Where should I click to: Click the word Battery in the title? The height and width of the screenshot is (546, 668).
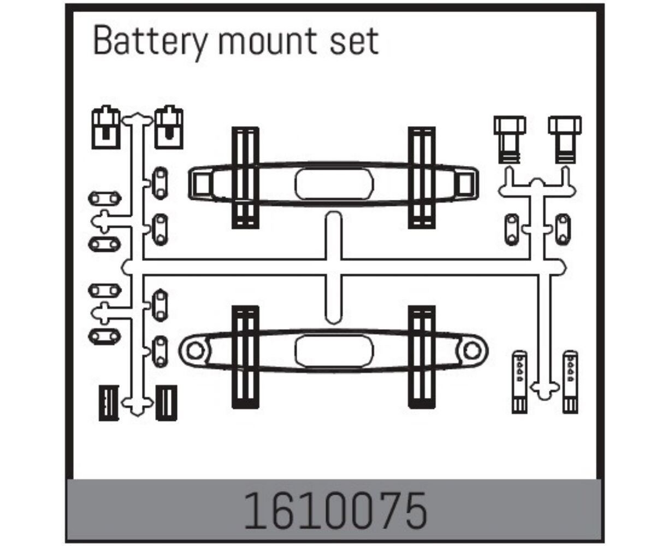click(150, 42)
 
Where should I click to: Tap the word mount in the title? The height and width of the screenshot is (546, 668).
click(268, 42)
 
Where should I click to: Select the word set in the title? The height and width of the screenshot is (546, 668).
click(354, 42)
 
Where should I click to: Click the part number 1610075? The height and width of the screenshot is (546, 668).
click(335, 511)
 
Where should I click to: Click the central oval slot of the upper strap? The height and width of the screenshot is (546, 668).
click(334, 184)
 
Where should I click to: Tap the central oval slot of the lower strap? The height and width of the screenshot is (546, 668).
click(334, 351)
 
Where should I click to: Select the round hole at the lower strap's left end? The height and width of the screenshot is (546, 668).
click(195, 351)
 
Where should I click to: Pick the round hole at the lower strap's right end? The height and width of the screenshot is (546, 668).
click(472, 351)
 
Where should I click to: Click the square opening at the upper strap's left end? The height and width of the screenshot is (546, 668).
click(202, 185)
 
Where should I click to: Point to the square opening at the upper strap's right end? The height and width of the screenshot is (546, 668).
click(464, 185)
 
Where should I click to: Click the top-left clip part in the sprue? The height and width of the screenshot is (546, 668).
click(106, 127)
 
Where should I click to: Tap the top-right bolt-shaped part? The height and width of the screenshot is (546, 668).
click(565, 140)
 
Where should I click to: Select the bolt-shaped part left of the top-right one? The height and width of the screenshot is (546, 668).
click(510, 140)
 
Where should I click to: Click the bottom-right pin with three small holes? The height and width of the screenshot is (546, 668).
click(570, 382)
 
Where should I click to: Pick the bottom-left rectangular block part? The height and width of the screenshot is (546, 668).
click(109, 403)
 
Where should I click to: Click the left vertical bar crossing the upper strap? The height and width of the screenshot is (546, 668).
click(245, 177)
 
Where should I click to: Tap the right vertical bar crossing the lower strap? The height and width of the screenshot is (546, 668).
click(422, 357)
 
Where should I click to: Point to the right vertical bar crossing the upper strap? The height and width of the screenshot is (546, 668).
click(422, 177)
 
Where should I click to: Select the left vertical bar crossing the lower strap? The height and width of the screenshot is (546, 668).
click(245, 357)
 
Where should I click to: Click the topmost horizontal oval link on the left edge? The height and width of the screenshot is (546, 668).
click(104, 199)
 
